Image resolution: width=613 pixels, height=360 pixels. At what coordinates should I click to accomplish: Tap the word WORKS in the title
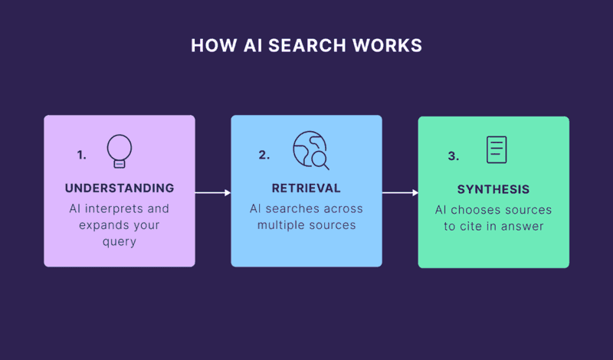click(x=388, y=46)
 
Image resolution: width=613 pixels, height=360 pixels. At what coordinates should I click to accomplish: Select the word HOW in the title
click(x=208, y=46)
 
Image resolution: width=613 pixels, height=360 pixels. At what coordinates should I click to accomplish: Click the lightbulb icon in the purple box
click(x=119, y=150)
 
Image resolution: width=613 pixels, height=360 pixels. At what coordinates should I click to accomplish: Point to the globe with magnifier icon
click(x=310, y=150)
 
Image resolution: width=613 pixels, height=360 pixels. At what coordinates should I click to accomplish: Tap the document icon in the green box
click(x=497, y=149)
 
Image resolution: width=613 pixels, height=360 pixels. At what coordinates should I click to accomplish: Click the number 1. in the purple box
click(x=81, y=155)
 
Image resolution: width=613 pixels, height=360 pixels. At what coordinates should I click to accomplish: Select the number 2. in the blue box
click(x=264, y=155)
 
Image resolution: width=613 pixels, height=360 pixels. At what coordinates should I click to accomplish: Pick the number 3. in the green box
click(x=453, y=155)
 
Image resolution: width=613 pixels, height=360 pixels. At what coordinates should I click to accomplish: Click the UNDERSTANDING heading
click(x=120, y=188)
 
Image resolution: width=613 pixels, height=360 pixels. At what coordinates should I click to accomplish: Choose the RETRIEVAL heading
click(x=306, y=188)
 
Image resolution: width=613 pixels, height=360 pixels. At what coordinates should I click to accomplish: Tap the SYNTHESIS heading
click(x=493, y=189)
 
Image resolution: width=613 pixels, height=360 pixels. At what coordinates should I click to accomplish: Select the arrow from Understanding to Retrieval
click(x=212, y=192)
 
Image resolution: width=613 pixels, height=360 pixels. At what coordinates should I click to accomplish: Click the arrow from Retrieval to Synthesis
click(x=400, y=192)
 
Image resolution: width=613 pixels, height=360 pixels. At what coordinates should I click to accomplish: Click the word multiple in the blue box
click(x=282, y=224)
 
